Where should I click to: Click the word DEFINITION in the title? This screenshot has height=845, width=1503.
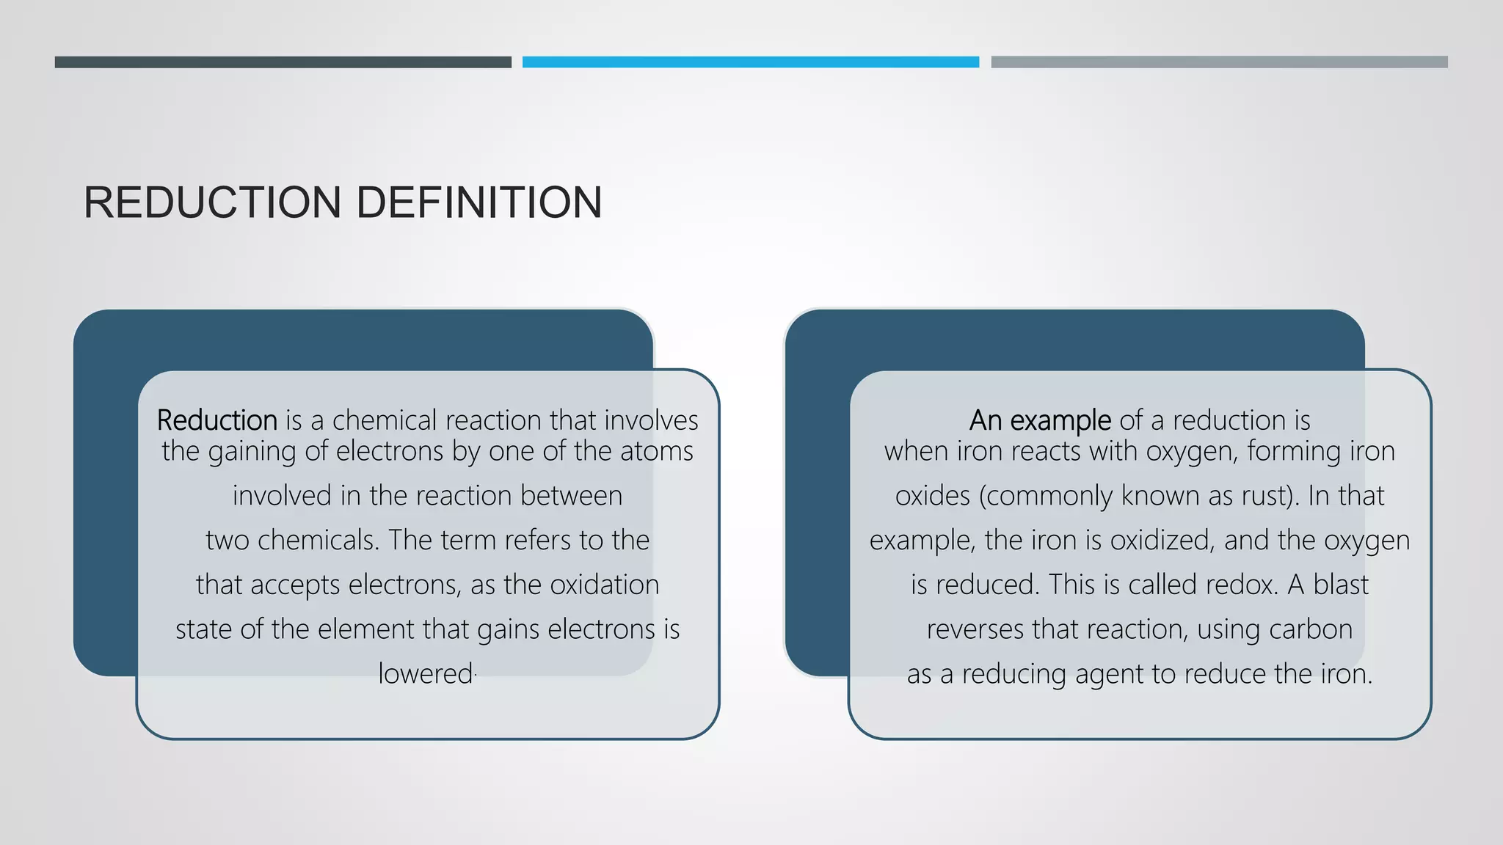(478, 202)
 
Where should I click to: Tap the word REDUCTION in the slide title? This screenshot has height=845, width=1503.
(212, 202)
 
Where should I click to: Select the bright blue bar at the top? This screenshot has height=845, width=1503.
(750, 62)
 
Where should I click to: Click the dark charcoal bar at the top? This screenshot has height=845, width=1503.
(283, 62)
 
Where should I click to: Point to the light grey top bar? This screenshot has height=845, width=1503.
(1219, 62)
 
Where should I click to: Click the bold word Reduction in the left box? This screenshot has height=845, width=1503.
(216, 420)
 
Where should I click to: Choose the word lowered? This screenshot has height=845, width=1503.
(425, 674)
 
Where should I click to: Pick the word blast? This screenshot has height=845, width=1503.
(1340, 585)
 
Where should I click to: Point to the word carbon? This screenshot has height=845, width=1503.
(1311, 630)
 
